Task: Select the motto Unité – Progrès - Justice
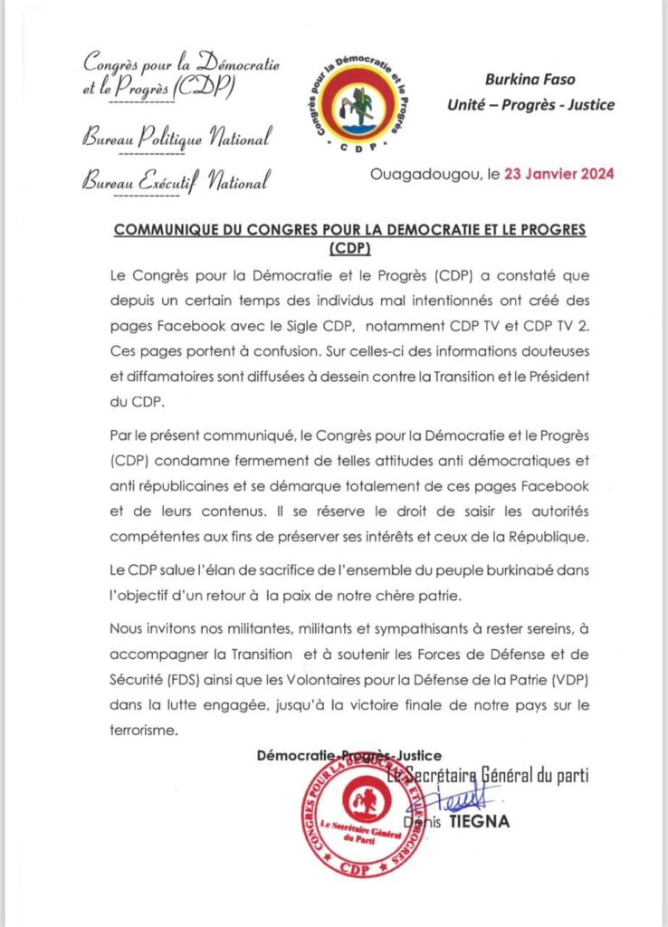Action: (x=530, y=105)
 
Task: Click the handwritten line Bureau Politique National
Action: (x=177, y=140)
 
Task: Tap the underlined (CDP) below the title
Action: (x=349, y=248)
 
